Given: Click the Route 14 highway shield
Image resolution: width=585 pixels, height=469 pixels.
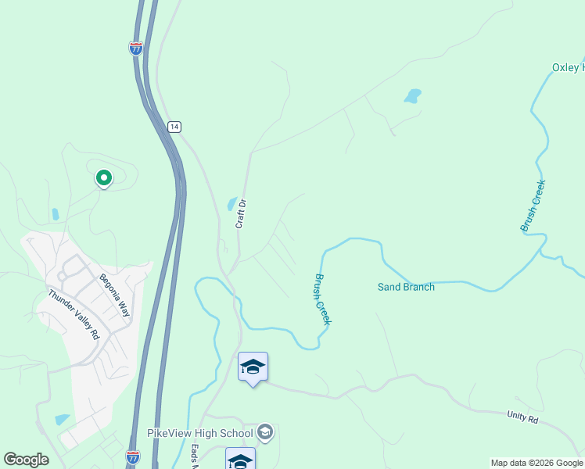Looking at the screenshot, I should [174, 126].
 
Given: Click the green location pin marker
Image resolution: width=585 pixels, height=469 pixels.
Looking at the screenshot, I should [103, 179].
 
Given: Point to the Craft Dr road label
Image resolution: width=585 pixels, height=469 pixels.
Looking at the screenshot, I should [242, 214].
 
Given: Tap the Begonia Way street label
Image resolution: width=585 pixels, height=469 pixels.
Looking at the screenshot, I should [113, 295].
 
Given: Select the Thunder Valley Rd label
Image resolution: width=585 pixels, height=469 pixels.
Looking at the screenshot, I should [74, 314].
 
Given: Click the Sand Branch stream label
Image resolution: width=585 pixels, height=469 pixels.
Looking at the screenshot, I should [406, 287].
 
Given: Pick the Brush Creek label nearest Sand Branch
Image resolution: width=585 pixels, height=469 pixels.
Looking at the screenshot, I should [323, 299].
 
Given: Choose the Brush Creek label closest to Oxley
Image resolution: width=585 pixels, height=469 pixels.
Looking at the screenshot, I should [533, 206].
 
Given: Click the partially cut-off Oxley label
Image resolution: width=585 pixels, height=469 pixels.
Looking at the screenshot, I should [568, 67].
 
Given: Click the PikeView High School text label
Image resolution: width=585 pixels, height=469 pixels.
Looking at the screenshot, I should [200, 433].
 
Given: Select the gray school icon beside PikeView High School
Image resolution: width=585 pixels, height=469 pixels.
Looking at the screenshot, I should [265, 433].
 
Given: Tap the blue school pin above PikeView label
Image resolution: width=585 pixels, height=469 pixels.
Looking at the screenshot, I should [253, 367].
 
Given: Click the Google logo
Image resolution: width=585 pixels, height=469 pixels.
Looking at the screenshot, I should [27, 460].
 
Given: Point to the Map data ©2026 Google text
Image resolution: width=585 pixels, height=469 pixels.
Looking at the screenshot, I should [537, 463].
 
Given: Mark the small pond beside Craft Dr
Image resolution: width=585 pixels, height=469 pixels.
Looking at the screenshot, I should [232, 204].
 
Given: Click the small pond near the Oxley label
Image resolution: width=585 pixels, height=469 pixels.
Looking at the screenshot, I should [412, 96].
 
